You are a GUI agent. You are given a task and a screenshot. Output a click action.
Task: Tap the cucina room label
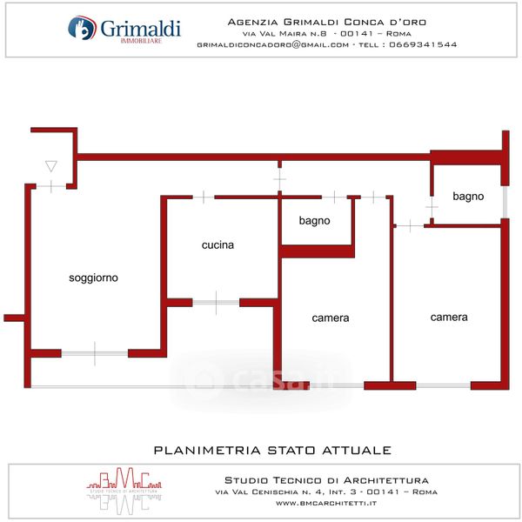217,245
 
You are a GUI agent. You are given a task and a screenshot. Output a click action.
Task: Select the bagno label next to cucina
314,221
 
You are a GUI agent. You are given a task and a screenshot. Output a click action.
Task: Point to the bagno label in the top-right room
468,197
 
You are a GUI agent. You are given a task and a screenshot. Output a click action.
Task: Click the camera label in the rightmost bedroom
449,318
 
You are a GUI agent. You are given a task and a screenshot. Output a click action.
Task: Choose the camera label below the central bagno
331,318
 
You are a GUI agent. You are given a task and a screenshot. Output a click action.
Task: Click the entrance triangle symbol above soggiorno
50,165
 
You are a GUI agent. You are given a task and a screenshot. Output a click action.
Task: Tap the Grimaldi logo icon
81,30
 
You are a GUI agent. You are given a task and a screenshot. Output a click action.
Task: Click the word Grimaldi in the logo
140,28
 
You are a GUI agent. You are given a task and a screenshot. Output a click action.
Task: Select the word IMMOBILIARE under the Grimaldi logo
139,42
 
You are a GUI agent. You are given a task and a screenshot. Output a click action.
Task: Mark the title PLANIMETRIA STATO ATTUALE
272,451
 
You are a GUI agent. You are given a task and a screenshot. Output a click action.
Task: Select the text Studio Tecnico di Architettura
326,479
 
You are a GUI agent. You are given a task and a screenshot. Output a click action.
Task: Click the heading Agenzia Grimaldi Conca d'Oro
326,21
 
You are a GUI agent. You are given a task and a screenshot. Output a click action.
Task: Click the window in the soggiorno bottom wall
95,353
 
